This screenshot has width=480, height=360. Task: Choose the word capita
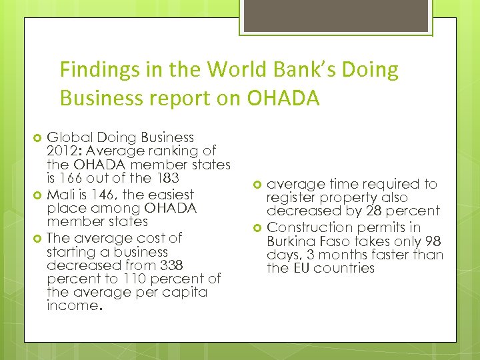point(187,293)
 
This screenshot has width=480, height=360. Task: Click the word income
point(72,307)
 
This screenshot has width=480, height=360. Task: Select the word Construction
point(307,228)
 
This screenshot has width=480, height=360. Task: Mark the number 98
point(431,241)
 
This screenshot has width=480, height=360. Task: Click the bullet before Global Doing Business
point(38,138)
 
